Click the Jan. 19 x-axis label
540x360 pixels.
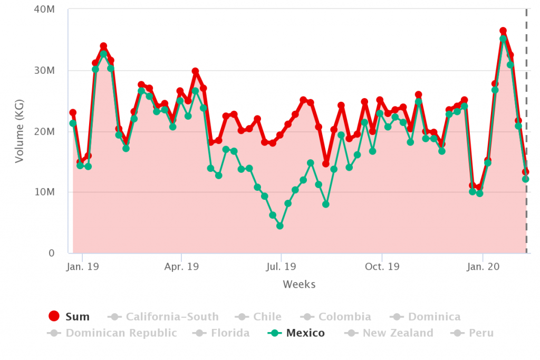(83, 267)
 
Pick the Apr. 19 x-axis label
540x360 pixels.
(181, 267)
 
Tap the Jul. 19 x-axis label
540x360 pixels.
(281, 267)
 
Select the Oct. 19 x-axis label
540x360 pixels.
(382, 267)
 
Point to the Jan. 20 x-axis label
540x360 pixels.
(483, 267)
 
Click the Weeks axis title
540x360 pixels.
(299, 285)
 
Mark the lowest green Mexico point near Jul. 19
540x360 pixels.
(280, 226)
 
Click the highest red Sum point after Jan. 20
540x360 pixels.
(503, 31)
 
